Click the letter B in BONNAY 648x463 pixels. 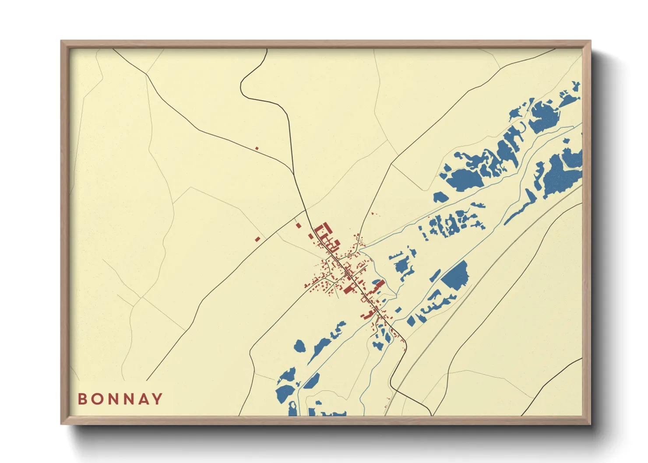(x=82, y=399)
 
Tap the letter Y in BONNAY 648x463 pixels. (x=158, y=399)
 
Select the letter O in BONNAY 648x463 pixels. (x=97, y=399)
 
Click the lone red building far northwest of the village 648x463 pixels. (x=257, y=148)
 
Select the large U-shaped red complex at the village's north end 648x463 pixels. (x=323, y=229)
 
